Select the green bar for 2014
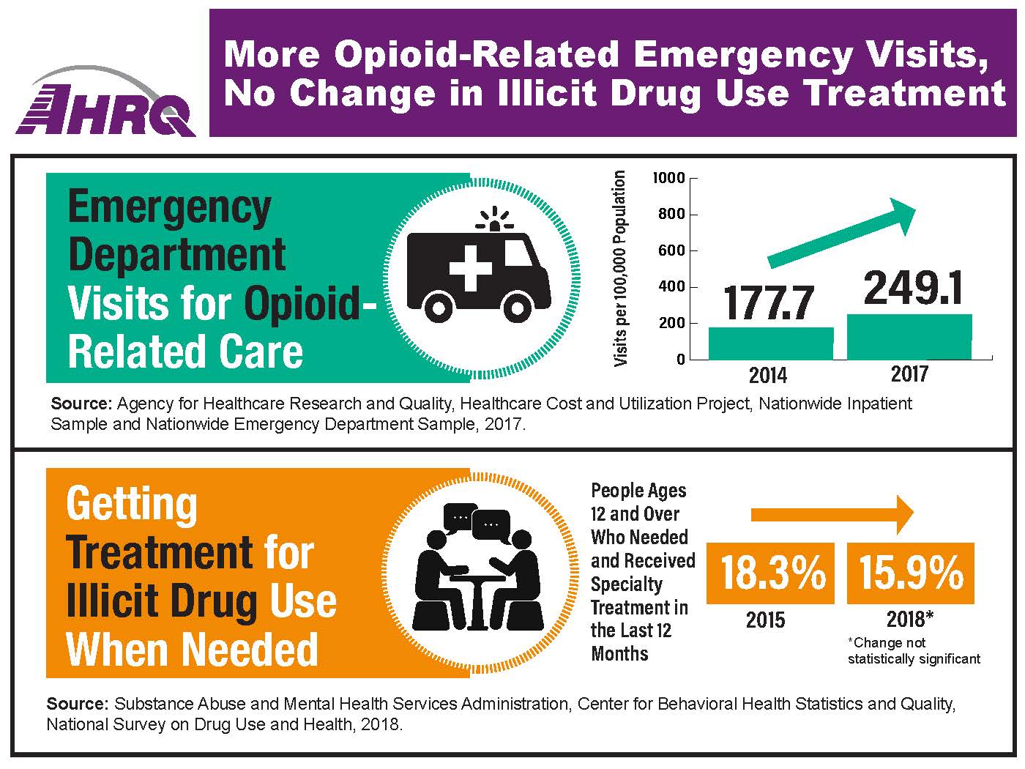pos(770,343)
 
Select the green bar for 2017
pos(909,337)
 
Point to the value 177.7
pos(769,302)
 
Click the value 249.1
pos(912,288)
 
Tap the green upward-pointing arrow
pos(842,234)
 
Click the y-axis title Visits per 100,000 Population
pos(620,269)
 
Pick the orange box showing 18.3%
pos(770,573)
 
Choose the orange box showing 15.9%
pos(910,573)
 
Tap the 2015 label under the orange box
pos(765,620)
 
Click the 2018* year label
pos(909,620)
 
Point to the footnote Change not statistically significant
pos(913,651)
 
